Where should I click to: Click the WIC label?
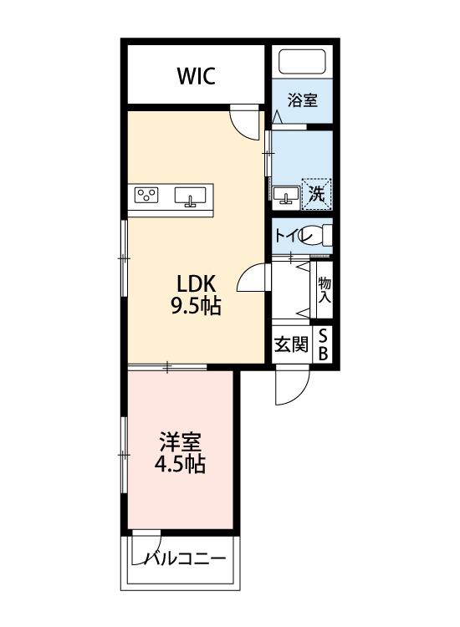coord(196,77)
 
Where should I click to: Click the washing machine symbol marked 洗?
coord(316,194)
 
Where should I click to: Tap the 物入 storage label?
coord(325,289)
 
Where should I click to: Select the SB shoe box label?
coord(324,344)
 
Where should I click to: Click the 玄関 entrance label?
coord(291,344)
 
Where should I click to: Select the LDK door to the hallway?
coord(253,280)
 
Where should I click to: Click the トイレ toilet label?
coord(289,236)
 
